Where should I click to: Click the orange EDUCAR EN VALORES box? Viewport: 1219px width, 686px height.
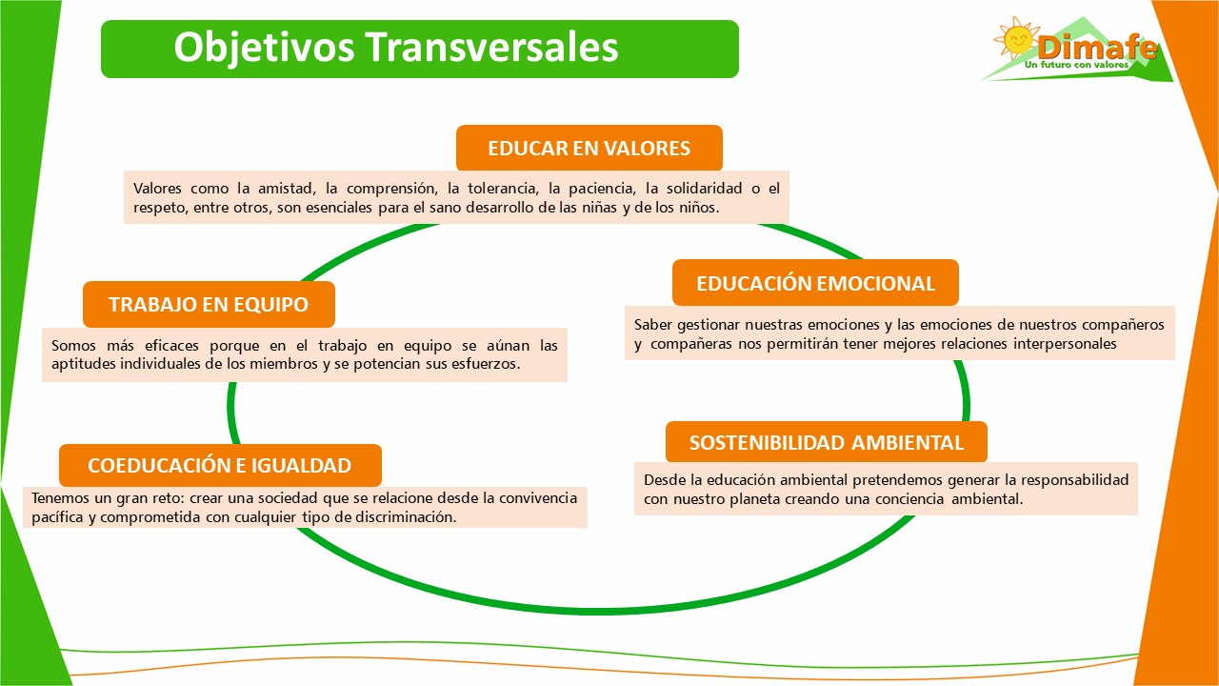589,149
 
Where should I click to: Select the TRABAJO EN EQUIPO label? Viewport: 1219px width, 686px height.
209,305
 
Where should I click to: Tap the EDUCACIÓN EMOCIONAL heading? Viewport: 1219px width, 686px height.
815,283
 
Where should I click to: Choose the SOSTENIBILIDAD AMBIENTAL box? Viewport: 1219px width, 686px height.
826,443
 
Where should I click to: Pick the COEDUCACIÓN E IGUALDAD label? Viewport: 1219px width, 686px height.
220,466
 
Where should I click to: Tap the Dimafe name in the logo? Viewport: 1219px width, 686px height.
1097,47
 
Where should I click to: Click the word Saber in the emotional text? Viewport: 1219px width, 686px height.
652,324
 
